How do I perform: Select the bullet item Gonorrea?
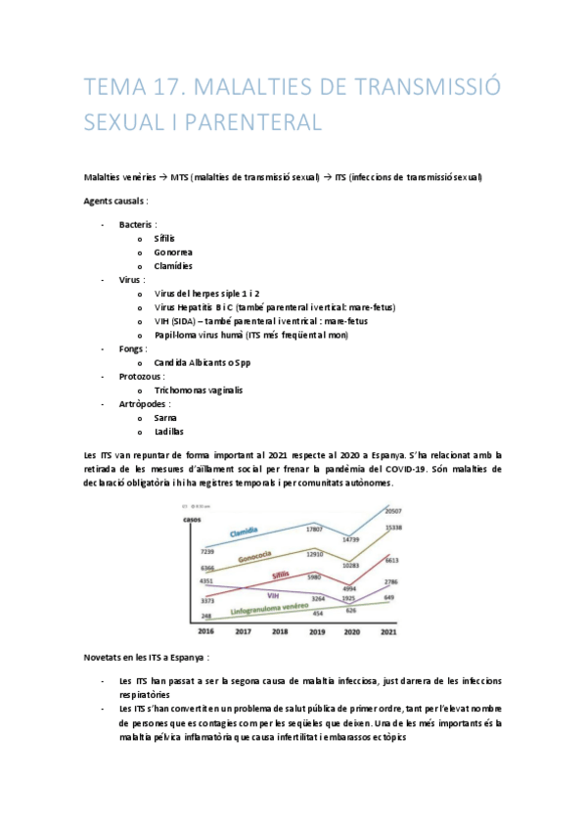pyautogui.click(x=172, y=252)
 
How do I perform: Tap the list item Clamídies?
pyautogui.click(x=173, y=265)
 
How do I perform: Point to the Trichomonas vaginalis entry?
pyautogui.click(x=199, y=390)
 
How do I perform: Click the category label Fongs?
pyautogui.click(x=133, y=347)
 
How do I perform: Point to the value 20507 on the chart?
pyautogui.click(x=394, y=512)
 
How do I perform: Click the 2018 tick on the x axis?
pyautogui.click(x=280, y=633)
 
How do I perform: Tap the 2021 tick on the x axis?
pyautogui.click(x=388, y=633)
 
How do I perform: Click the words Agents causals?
pyautogui.click(x=116, y=201)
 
